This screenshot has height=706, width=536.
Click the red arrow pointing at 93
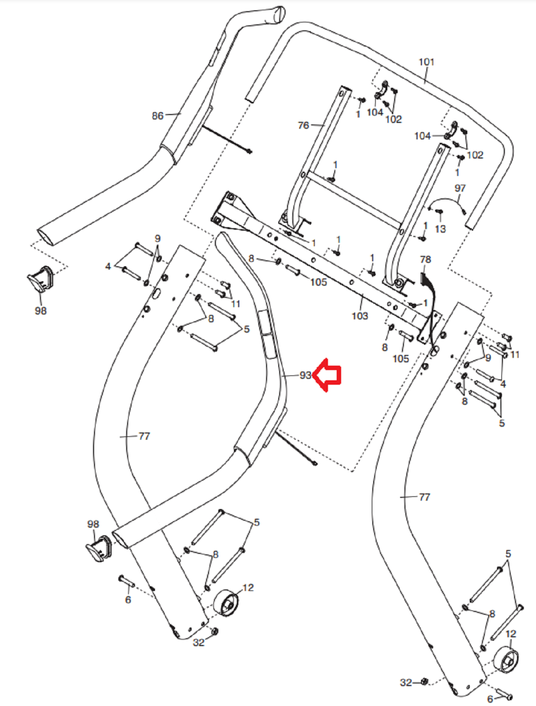click(327, 375)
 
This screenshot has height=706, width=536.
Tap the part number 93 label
click(306, 375)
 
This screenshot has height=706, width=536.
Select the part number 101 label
click(426, 62)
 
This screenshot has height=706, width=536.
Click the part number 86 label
click(157, 116)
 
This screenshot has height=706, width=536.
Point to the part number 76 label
click(304, 126)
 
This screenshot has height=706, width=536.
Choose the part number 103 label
click(360, 316)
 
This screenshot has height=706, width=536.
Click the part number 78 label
click(425, 260)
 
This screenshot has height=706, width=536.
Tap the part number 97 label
click(460, 188)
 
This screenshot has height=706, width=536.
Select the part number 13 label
click(440, 229)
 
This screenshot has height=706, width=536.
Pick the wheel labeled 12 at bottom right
click(506, 660)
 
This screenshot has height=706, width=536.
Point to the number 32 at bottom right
click(406, 683)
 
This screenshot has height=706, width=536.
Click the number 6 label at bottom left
click(128, 600)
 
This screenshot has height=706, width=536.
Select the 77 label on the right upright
click(424, 497)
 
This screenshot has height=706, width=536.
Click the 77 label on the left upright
click(144, 436)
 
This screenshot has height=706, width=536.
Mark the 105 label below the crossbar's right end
click(401, 359)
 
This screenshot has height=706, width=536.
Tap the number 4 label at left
click(108, 267)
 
